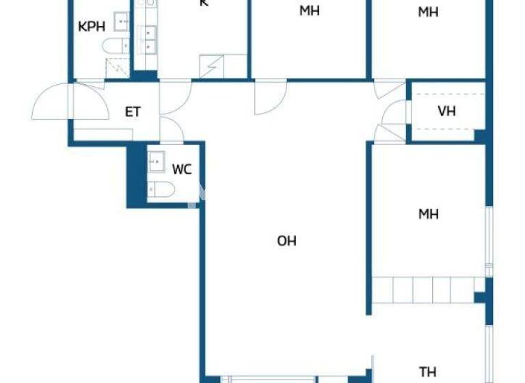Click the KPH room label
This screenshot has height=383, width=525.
91,27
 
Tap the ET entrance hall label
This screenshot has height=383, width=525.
133,111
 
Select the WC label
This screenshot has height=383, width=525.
181,170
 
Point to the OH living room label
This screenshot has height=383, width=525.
287,241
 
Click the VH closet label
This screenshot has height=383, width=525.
446,111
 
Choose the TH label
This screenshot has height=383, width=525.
428,372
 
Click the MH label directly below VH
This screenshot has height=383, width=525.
429,215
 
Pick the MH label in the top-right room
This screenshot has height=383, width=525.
429,12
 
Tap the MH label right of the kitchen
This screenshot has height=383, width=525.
310,12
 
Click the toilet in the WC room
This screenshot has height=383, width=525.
159,189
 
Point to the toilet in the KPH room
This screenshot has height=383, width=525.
115,46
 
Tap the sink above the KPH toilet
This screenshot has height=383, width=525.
122,22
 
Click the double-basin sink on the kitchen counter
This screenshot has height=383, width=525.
148,39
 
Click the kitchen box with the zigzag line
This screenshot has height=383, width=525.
213,67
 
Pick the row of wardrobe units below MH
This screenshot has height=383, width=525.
423,289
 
